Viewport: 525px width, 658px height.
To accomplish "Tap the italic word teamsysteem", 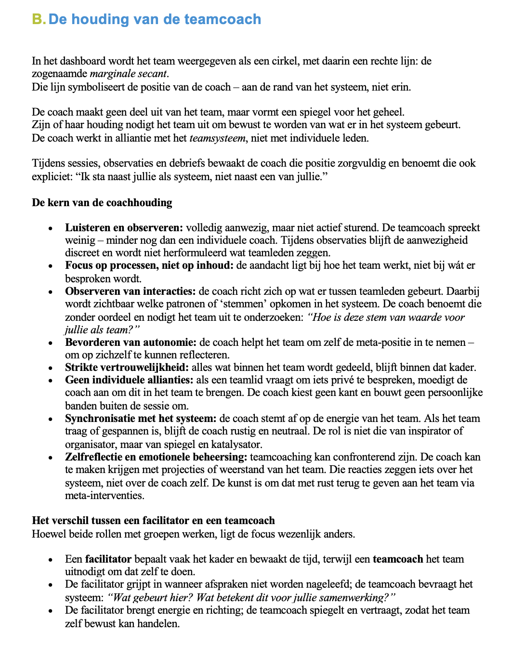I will [217, 138].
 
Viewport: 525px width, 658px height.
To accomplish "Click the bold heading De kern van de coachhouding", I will [102, 202].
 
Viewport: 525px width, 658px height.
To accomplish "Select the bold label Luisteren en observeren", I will [124, 227].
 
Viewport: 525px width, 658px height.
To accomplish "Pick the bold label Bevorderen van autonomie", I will [131, 342].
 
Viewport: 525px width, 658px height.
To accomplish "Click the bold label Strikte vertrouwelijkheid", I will [127, 368].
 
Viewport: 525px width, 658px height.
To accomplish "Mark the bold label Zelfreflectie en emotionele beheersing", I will [156, 457].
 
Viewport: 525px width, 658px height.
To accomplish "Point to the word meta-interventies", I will [104, 496].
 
